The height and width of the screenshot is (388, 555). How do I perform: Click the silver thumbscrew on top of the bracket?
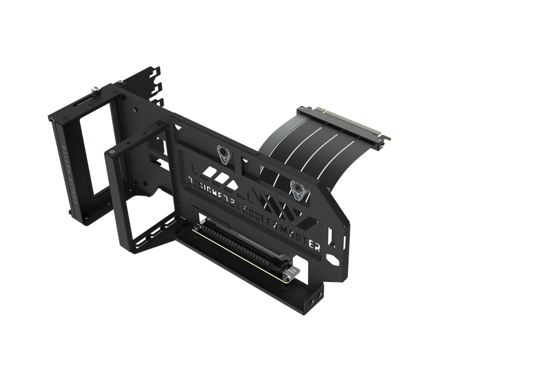click(94, 90)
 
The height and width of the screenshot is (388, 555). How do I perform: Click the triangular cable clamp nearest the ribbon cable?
click(297, 187)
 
